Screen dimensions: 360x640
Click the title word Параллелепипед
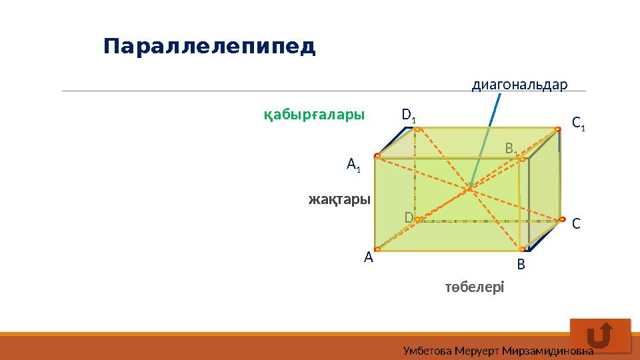tap(209, 47)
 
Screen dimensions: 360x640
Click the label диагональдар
tap(519, 85)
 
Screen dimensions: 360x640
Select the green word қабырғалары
tap(314, 115)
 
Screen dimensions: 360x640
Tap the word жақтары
tap(339, 199)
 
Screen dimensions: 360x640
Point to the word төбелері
tap(475, 287)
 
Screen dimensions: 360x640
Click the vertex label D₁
tap(409, 115)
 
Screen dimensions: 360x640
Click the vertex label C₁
tap(578, 123)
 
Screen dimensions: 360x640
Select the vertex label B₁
tap(511, 148)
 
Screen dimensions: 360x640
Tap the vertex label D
tap(408, 217)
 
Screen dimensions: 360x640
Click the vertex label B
tap(521, 265)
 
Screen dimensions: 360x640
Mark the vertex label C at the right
tap(576, 224)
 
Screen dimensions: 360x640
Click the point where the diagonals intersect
tap(469, 189)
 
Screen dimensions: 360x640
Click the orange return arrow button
tap(600, 335)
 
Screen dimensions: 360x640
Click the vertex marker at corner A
tap(377, 249)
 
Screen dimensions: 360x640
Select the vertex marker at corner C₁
tap(558, 129)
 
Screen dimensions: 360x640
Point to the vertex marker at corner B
tap(521, 249)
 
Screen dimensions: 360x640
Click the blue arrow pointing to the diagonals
tap(485, 140)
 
